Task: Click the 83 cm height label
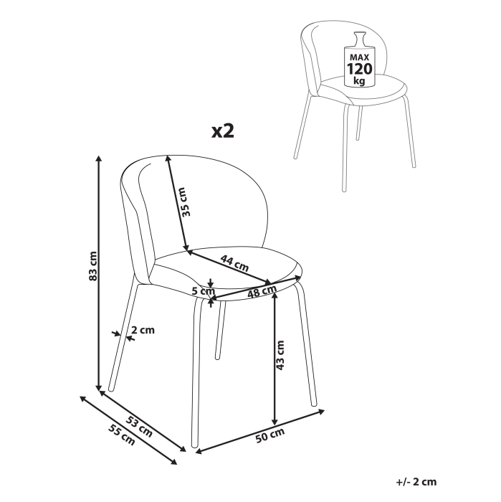[x=91, y=267]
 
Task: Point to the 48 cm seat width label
[x=262, y=292]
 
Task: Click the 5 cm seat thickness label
[x=202, y=291]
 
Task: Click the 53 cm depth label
[x=139, y=425]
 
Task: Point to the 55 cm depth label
[x=121, y=433]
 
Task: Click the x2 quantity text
[x=223, y=131]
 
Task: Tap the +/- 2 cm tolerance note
[x=416, y=482]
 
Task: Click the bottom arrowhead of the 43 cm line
[x=274, y=421]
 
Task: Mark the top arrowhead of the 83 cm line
[x=99, y=156]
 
